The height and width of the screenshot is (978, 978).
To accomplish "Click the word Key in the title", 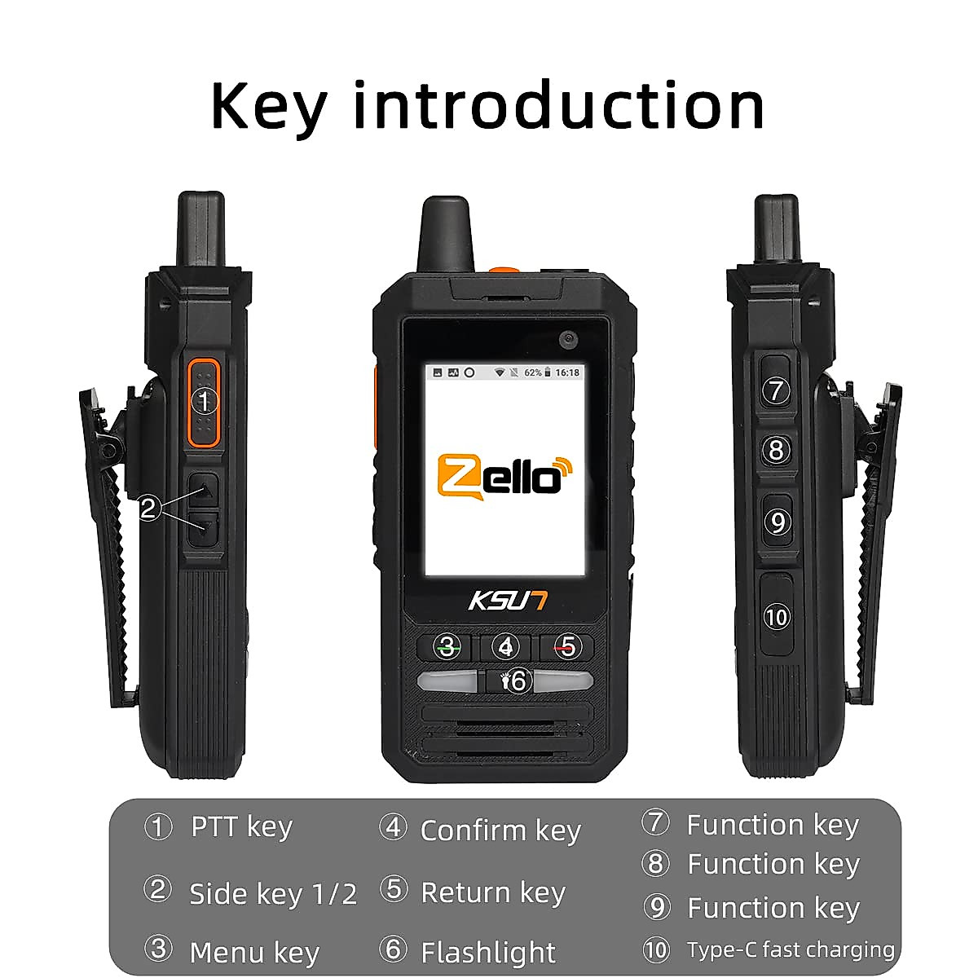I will click(x=269, y=106).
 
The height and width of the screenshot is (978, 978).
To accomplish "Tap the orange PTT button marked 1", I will click(x=205, y=401).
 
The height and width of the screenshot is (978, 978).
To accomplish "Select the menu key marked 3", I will click(x=446, y=646).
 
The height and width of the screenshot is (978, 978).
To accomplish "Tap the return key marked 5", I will click(x=567, y=646).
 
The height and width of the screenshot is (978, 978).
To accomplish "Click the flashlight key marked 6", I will click(x=517, y=681).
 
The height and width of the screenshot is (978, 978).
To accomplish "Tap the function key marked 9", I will click(x=777, y=522).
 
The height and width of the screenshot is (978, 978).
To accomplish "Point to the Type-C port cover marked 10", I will click(x=776, y=616).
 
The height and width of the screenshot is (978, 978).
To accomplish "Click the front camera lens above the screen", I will click(x=568, y=337).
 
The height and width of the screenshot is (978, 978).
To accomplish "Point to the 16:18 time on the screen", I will click(x=567, y=372).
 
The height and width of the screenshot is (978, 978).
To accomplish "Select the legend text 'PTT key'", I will click(x=241, y=826).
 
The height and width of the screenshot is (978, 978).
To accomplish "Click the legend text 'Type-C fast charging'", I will click(x=790, y=949).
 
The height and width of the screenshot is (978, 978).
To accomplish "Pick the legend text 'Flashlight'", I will click(x=487, y=951).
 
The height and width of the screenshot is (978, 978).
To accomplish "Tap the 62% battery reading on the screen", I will click(x=533, y=372).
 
